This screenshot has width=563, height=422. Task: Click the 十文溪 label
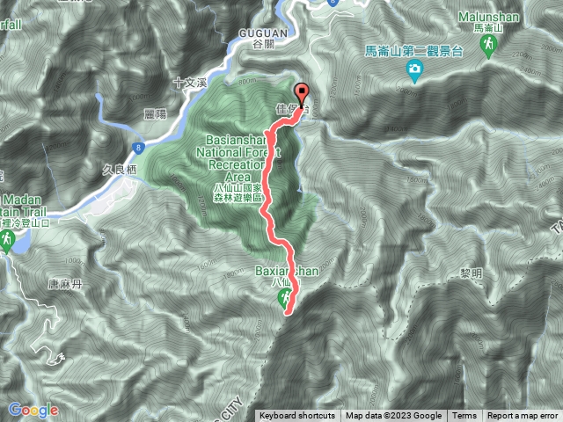click(189, 82)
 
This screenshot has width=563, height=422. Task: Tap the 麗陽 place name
click(157, 114)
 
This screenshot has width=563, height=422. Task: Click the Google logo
click(33, 410)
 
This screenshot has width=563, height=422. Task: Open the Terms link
click(464, 416)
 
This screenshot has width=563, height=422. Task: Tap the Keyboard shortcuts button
click(296, 416)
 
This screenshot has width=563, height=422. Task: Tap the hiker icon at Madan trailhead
click(7, 239)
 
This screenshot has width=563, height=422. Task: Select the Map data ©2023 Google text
click(393, 416)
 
